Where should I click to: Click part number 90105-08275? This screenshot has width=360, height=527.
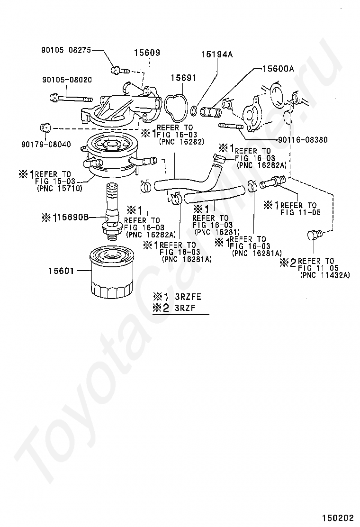tap(66, 50)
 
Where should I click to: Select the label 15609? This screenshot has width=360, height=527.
tap(147, 53)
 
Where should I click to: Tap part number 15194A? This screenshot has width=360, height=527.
tap(217, 55)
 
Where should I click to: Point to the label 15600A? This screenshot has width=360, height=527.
tap(278, 69)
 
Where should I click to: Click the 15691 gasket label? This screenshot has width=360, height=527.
tap(183, 78)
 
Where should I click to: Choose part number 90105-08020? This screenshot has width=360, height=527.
tap(67, 80)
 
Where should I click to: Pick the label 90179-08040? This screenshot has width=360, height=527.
tap(46, 145)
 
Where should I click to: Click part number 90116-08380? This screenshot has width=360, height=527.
tap(303, 139)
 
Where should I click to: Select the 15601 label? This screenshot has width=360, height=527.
tap(61, 271)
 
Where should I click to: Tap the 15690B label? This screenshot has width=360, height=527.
tap(72, 218)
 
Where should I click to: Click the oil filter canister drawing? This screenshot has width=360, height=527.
tap(112, 272)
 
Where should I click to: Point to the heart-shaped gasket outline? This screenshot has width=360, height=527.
tap(176, 108)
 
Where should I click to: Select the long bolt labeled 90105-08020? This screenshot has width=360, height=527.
tap(71, 99)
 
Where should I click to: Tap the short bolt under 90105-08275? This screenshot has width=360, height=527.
tap(119, 70)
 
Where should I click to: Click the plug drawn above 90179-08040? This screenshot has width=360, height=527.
tap(45, 127)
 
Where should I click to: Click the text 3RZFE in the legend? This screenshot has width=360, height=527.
tap(188, 297)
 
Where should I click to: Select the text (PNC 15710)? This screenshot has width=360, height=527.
tap(59, 188)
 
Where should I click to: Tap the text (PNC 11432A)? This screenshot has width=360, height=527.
tap(325, 275)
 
